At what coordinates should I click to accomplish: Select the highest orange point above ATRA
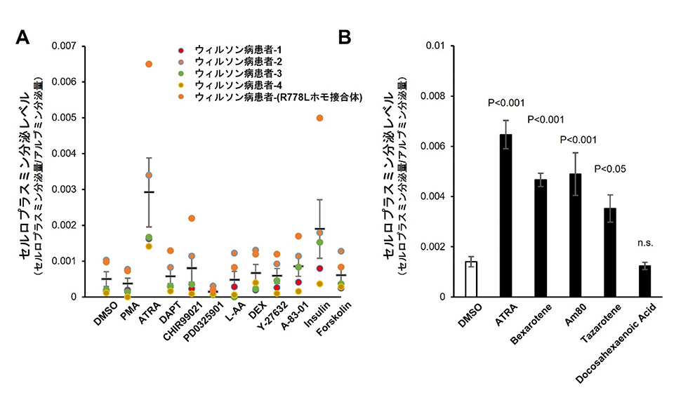(149, 64)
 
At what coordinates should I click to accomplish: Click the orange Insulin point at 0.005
(320, 118)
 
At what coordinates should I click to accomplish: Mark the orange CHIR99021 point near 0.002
(192, 218)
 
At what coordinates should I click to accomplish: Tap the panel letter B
(345, 37)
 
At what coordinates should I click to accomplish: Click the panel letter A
(22, 37)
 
